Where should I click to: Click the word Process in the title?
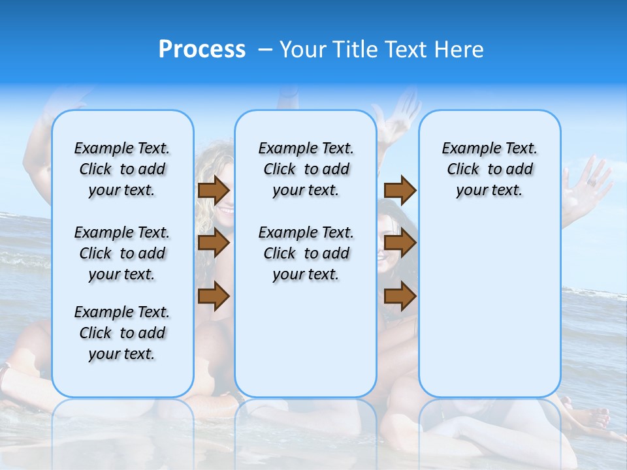[202, 50]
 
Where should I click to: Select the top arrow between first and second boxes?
[214, 190]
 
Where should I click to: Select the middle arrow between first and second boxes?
[214, 243]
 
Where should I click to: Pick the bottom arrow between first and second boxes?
[214, 296]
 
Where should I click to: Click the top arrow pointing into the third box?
[400, 190]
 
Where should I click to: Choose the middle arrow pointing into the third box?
[400, 243]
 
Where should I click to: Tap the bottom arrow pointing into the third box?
[400, 296]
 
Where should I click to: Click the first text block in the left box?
[122, 169]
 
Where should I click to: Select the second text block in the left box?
[122, 253]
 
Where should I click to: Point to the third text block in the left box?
[122, 333]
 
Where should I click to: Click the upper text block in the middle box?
[306, 169]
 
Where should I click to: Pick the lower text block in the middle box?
[306, 253]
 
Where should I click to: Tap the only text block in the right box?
[489, 169]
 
